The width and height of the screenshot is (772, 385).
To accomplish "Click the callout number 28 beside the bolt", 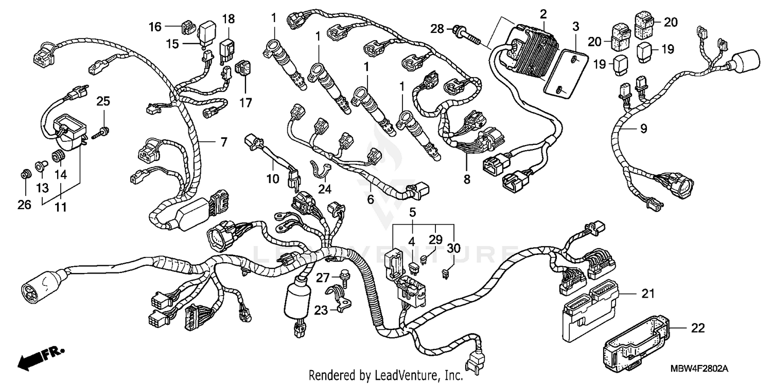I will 436,30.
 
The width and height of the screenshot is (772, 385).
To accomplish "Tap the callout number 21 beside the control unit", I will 647,294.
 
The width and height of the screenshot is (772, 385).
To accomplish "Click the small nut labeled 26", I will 24,175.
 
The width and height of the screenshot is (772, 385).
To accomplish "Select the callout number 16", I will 155,27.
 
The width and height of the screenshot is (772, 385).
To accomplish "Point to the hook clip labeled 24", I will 319,169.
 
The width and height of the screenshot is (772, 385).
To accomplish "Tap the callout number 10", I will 273,179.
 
